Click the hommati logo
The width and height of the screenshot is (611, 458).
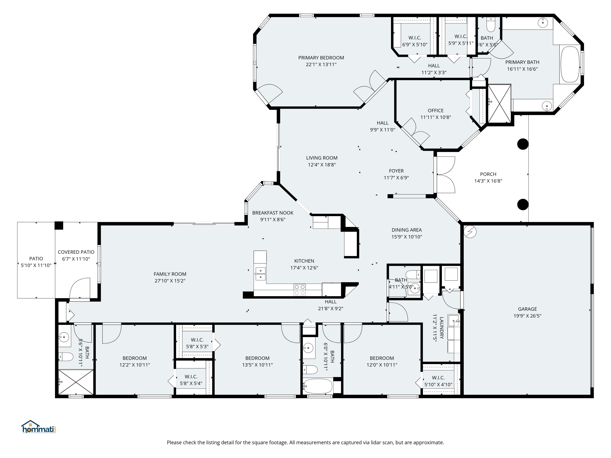pyautogui.click(x=39, y=427)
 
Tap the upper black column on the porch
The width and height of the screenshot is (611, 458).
pyautogui.click(x=523, y=144)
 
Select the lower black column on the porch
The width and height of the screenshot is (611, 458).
pyautogui.click(x=523, y=205)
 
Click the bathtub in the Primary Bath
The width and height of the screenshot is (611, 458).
pyautogui.click(x=570, y=64)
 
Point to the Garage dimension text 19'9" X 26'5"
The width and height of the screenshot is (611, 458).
pyautogui.click(x=527, y=316)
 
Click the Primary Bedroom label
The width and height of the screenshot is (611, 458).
pyautogui.click(x=321, y=58)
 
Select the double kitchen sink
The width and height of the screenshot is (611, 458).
pyautogui.click(x=260, y=274)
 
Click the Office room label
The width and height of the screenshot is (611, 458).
pyautogui.click(x=436, y=110)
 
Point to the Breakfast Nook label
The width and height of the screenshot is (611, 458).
pyautogui.click(x=273, y=213)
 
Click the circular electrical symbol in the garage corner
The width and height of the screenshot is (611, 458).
pyautogui.click(x=470, y=232)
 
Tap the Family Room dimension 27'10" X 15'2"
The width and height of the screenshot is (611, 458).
pyautogui.click(x=170, y=281)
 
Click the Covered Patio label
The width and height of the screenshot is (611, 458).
pyautogui.click(x=76, y=252)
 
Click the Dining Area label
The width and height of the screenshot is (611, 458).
pyautogui.click(x=407, y=230)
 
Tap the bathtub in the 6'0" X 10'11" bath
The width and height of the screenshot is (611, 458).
pyautogui.click(x=318, y=386)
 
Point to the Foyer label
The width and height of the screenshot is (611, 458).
pyautogui.click(x=396, y=171)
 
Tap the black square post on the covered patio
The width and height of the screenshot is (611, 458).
pyautogui.click(x=59, y=226)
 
